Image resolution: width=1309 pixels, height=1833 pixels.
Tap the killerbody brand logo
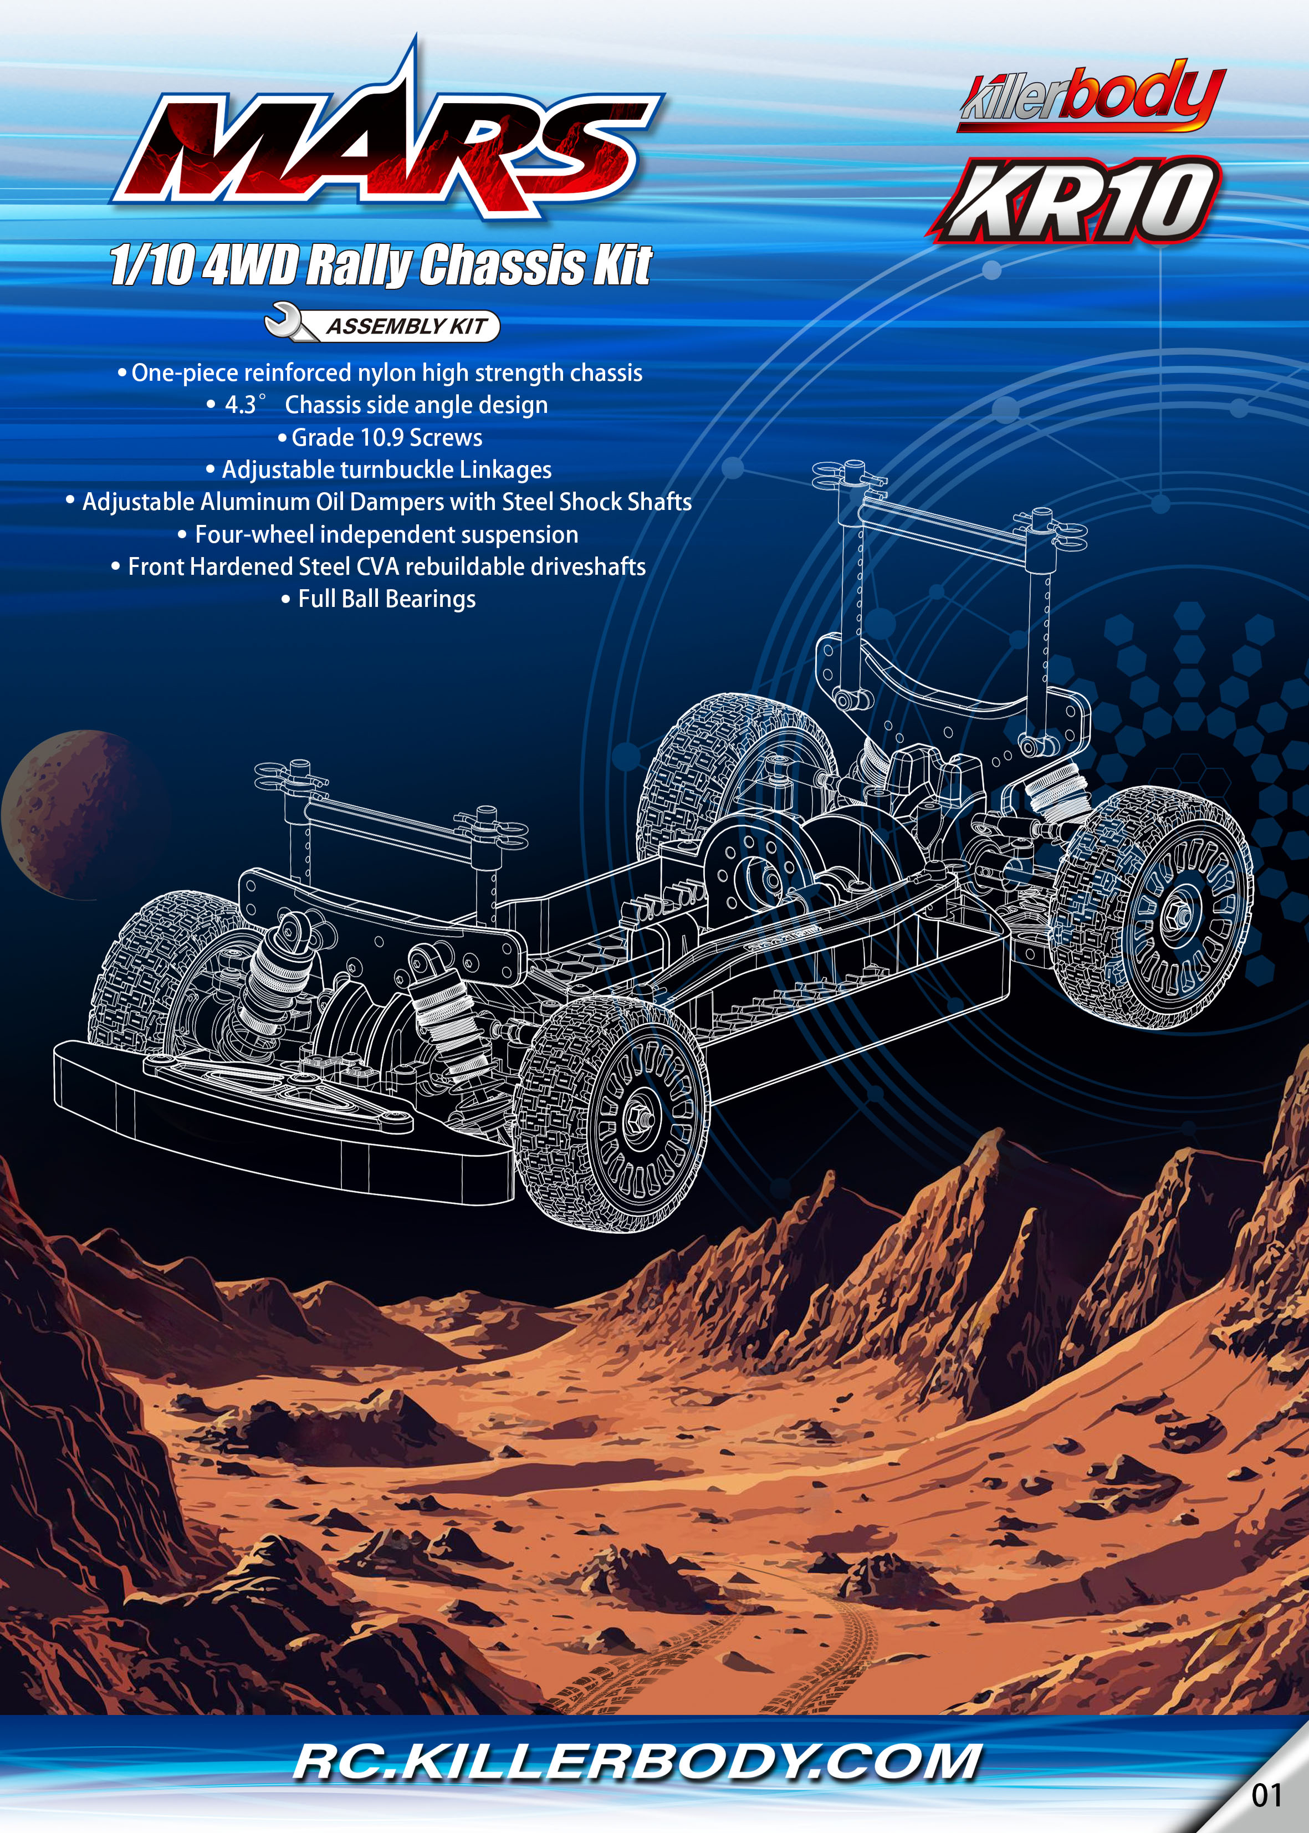(1093, 95)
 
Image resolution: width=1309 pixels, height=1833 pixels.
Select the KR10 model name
(1075, 200)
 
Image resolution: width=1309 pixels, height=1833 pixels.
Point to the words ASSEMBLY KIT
(406, 326)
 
